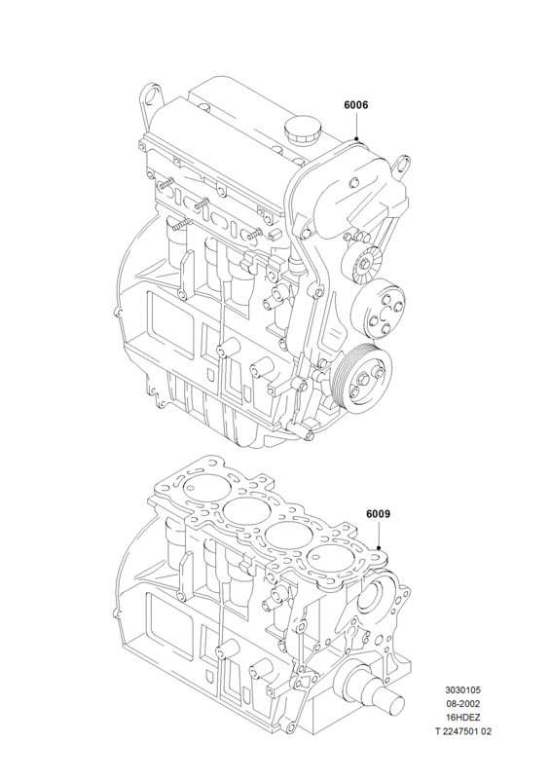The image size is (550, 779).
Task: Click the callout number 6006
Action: [x=355, y=105]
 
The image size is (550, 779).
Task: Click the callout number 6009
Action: [x=378, y=514]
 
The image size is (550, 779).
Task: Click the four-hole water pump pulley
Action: [x=380, y=308]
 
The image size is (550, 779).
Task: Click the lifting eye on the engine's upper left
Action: [x=151, y=96]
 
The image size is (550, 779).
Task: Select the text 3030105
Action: [x=462, y=690]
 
